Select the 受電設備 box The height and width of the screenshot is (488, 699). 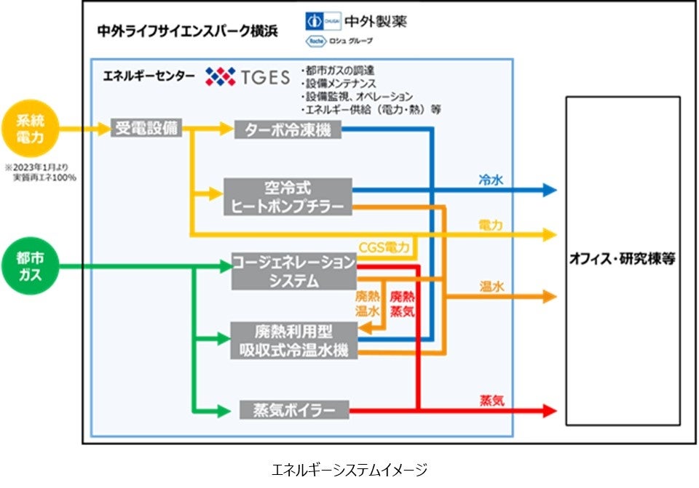click(146, 129)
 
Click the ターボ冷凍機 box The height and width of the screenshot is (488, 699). click(288, 129)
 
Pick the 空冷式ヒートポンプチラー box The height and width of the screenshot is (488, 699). click(288, 196)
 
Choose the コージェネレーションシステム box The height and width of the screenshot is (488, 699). click(294, 271)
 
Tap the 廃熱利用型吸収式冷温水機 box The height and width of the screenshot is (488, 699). click(294, 340)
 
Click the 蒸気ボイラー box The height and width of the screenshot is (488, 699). click(294, 410)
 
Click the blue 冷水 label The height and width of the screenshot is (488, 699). click(490, 178)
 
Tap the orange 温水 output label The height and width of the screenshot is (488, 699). click(491, 287)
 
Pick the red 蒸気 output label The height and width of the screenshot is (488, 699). click(491, 400)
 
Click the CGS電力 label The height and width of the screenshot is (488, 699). click(384, 248)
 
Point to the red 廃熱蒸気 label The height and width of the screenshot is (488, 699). click(403, 303)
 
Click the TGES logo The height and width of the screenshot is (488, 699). click(248, 76)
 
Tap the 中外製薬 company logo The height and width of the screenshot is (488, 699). click(356, 21)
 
